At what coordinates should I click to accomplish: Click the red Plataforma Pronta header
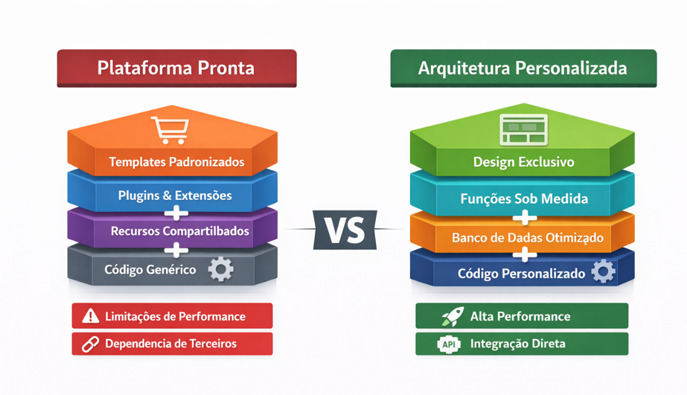[x=176, y=68]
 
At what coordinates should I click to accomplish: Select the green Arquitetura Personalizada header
[x=523, y=68]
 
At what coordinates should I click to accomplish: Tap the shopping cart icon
[x=170, y=130]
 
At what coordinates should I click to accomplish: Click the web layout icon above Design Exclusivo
[x=524, y=130]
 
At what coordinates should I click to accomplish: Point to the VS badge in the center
[x=344, y=230]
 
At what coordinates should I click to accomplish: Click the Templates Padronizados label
[x=177, y=161]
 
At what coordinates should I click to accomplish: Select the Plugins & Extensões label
[x=175, y=195]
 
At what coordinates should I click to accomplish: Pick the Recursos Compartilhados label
[x=180, y=231]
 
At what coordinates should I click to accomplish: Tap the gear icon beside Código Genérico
[x=221, y=269]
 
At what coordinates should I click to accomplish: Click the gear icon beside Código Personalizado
[x=603, y=272]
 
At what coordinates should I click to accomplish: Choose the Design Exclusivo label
[x=524, y=161]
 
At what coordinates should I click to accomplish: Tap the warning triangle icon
[x=91, y=316]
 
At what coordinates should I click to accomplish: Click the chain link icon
[x=90, y=344]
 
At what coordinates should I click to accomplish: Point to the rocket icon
[x=452, y=316]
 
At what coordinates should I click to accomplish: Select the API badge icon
[x=449, y=344]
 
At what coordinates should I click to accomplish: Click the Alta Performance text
[x=520, y=317]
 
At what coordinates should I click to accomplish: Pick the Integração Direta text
[x=517, y=344]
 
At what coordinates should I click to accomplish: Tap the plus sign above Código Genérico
[x=176, y=249]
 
